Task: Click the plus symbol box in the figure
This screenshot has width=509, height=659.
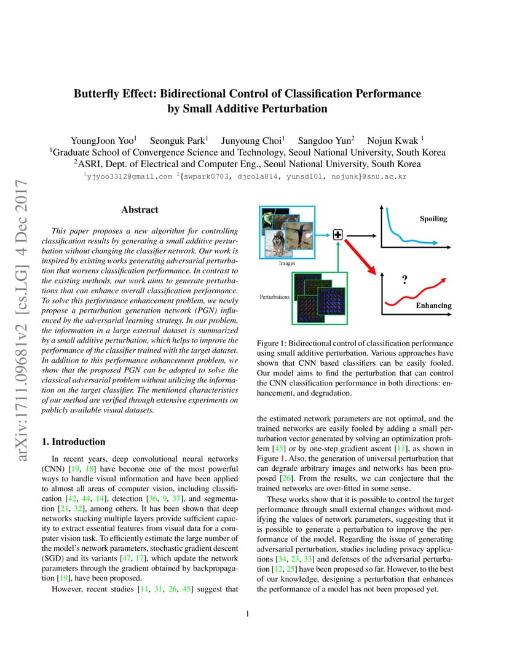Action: [337, 235]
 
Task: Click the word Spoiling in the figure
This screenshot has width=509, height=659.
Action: [433, 219]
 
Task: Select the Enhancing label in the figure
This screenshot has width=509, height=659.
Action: [433, 306]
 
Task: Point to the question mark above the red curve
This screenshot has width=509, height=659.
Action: [404, 280]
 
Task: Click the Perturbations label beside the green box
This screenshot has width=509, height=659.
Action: [275, 297]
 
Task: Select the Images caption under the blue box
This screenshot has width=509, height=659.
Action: [287, 263]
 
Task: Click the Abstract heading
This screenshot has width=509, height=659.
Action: [140, 210]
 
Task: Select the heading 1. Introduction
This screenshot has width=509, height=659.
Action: [73, 441]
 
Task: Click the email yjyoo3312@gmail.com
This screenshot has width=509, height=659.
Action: [129, 176]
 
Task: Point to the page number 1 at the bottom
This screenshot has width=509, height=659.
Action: [247, 614]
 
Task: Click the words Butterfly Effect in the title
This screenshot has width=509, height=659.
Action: [114, 94]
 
